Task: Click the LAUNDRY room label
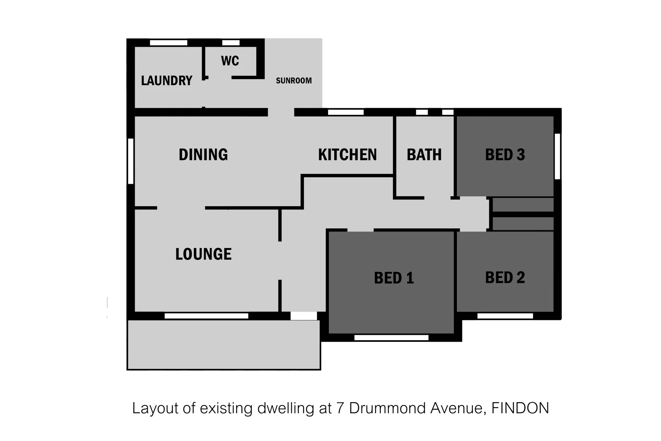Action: pos(166,80)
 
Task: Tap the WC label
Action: pos(230,61)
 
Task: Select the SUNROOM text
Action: pos(294,80)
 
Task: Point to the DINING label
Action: pos(203,154)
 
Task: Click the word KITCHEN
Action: pos(347,155)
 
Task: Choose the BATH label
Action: pos(424,155)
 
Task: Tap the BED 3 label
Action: pos(505,155)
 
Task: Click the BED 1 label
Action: pos(394,278)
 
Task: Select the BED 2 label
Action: pos(505,278)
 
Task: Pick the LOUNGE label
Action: pos(203,254)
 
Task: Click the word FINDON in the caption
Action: pos(520,408)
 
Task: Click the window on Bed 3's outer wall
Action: pos(557,156)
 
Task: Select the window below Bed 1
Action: pos(391,338)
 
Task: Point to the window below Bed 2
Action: pos(505,316)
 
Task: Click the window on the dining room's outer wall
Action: pos(131,161)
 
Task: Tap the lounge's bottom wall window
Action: pos(206,316)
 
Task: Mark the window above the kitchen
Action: pos(346,112)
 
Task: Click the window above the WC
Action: pos(231,42)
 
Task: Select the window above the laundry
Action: pos(169,42)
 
